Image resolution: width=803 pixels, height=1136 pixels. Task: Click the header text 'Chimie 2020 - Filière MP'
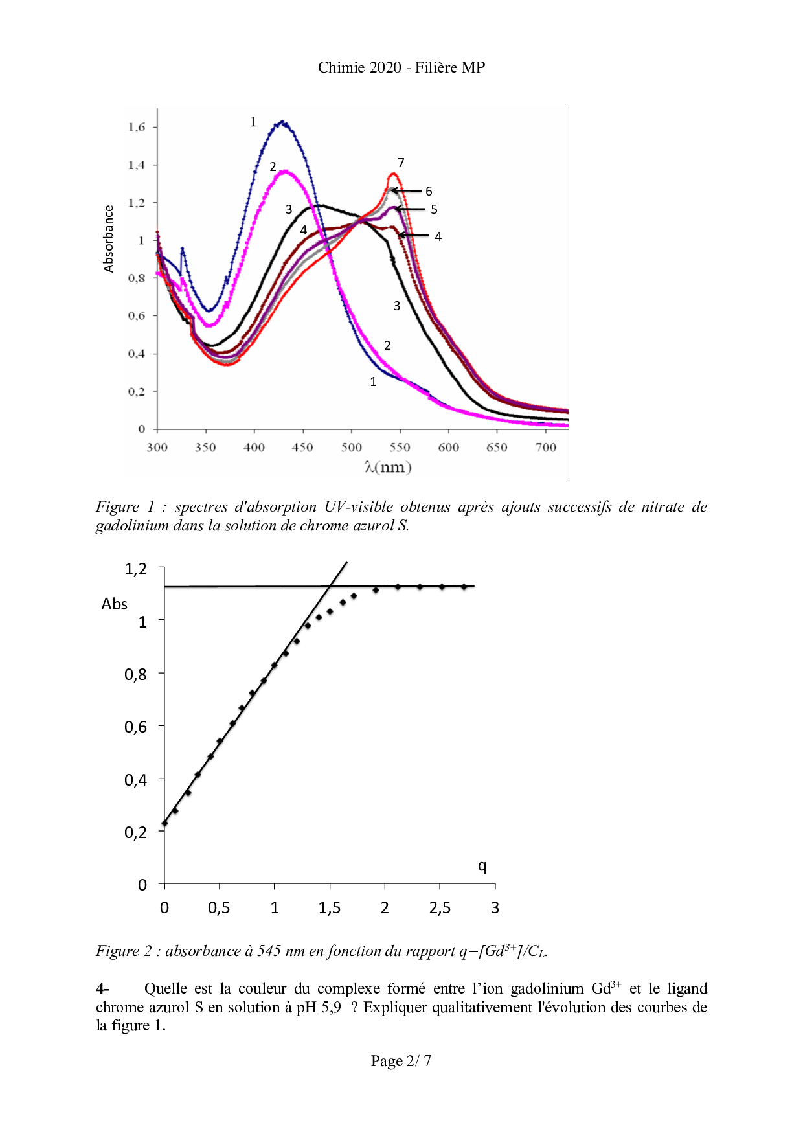point(401,67)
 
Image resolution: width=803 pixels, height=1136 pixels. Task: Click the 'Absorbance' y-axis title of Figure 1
point(108,238)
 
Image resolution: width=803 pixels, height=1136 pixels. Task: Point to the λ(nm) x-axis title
point(388,467)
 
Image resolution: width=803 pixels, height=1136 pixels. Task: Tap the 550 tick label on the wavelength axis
point(400,448)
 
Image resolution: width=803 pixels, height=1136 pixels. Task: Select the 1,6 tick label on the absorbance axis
point(137,127)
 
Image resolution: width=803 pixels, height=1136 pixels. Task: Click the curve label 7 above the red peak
point(401,163)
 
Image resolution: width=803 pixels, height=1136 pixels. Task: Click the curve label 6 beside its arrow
point(429,191)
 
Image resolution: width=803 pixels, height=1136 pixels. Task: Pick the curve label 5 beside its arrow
point(434,209)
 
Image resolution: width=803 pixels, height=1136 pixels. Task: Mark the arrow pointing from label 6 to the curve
point(406,190)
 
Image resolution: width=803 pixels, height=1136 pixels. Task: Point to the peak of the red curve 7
point(392,174)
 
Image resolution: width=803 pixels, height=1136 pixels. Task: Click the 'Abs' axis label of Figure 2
point(115,604)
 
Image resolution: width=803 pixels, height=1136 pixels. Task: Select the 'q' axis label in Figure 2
point(482,866)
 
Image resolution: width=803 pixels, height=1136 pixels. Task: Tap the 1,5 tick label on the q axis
point(330,908)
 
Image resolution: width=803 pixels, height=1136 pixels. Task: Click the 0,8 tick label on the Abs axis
point(135,675)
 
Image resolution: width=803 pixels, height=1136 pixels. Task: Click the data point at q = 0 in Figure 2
point(165,823)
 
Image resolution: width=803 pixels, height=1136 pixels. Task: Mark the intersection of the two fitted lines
point(331,586)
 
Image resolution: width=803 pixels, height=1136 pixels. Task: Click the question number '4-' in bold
point(102,988)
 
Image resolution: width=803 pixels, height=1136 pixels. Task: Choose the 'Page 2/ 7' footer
point(401,1061)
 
